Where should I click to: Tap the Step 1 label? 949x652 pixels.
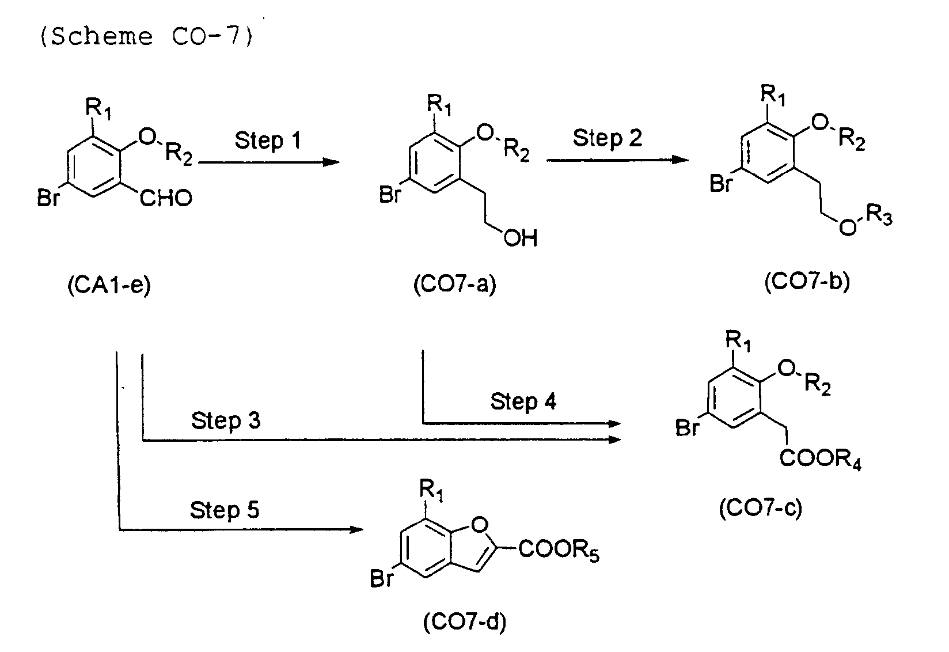267,141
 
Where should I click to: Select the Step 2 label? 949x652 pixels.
607,138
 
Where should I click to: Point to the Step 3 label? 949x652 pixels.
226,420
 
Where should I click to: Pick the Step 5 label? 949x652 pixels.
225,510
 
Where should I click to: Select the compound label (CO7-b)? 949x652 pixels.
807,282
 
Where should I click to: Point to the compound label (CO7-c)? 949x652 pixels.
760,509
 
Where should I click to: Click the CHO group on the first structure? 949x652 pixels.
166,199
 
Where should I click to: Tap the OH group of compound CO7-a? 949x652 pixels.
520,238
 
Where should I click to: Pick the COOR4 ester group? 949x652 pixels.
821,461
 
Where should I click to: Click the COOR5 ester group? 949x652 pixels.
559,550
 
